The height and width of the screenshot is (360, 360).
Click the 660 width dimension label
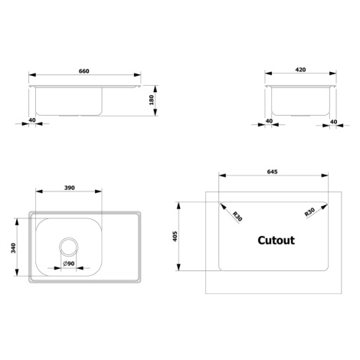click(84, 71)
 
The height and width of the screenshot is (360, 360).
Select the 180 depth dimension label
click(152, 100)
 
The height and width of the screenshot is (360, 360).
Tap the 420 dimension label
click(300, 70)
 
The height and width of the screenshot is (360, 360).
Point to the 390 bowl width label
click(69, 188)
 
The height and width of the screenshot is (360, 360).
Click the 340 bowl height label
click(13, 248)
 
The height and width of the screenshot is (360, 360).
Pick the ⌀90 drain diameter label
click(69, 263)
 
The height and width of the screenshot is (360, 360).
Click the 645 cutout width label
click(272, 172)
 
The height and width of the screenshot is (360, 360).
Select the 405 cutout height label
click(175, 237)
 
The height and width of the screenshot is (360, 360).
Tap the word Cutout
click(276, 241)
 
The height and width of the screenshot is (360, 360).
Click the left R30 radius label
click(237, 216)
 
